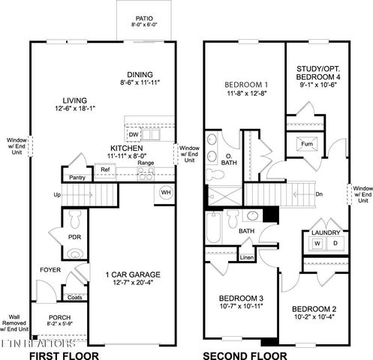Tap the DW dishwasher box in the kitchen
(x=133, y=134)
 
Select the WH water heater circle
(x=165, y=193)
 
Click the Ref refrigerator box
(x=105, y=170)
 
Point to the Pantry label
(x=77, y=178)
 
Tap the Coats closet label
(x=75, y=297)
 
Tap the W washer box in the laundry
(x=317, y=244)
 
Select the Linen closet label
(x=248, y=258)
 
